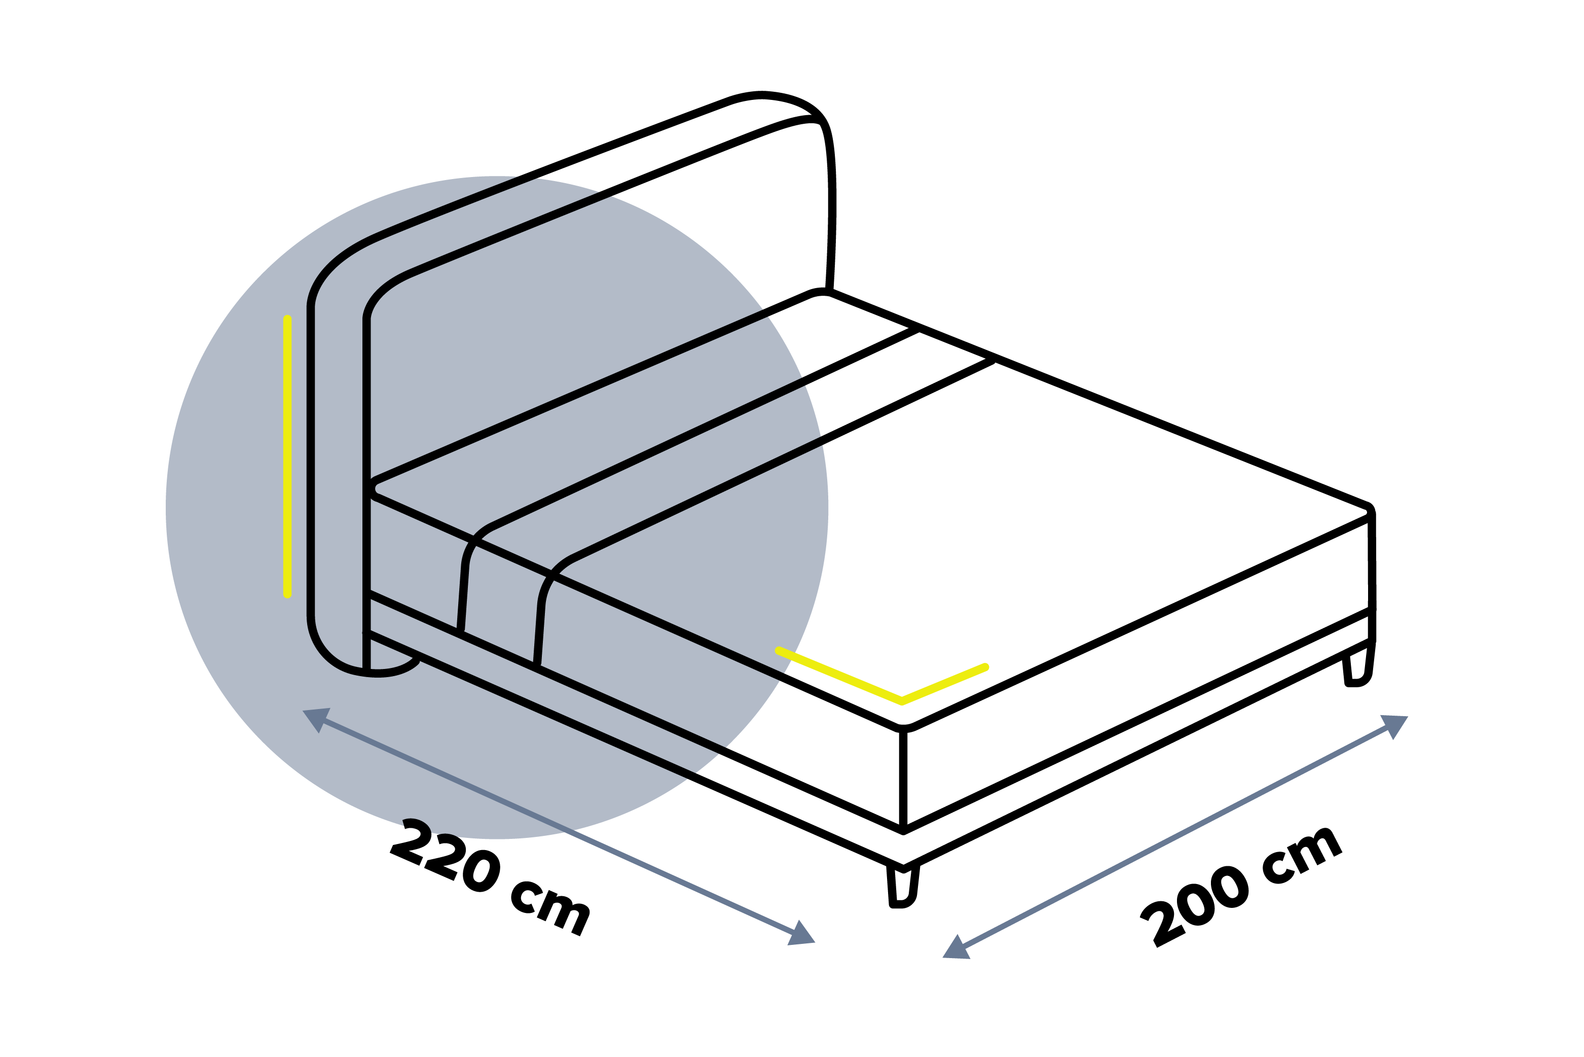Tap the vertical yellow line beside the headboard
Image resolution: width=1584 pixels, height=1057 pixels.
click(288, 456)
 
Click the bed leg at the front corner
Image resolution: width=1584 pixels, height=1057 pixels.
click(903, 887)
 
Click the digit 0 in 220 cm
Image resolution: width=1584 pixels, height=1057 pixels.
click(481, 870)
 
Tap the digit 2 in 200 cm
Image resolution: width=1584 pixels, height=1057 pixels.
click(1162, 924)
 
